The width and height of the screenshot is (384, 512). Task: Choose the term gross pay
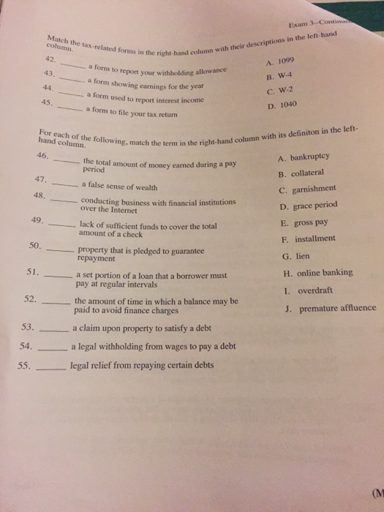tap(308, 222)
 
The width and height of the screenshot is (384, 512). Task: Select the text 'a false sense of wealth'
tap(116, 184)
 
